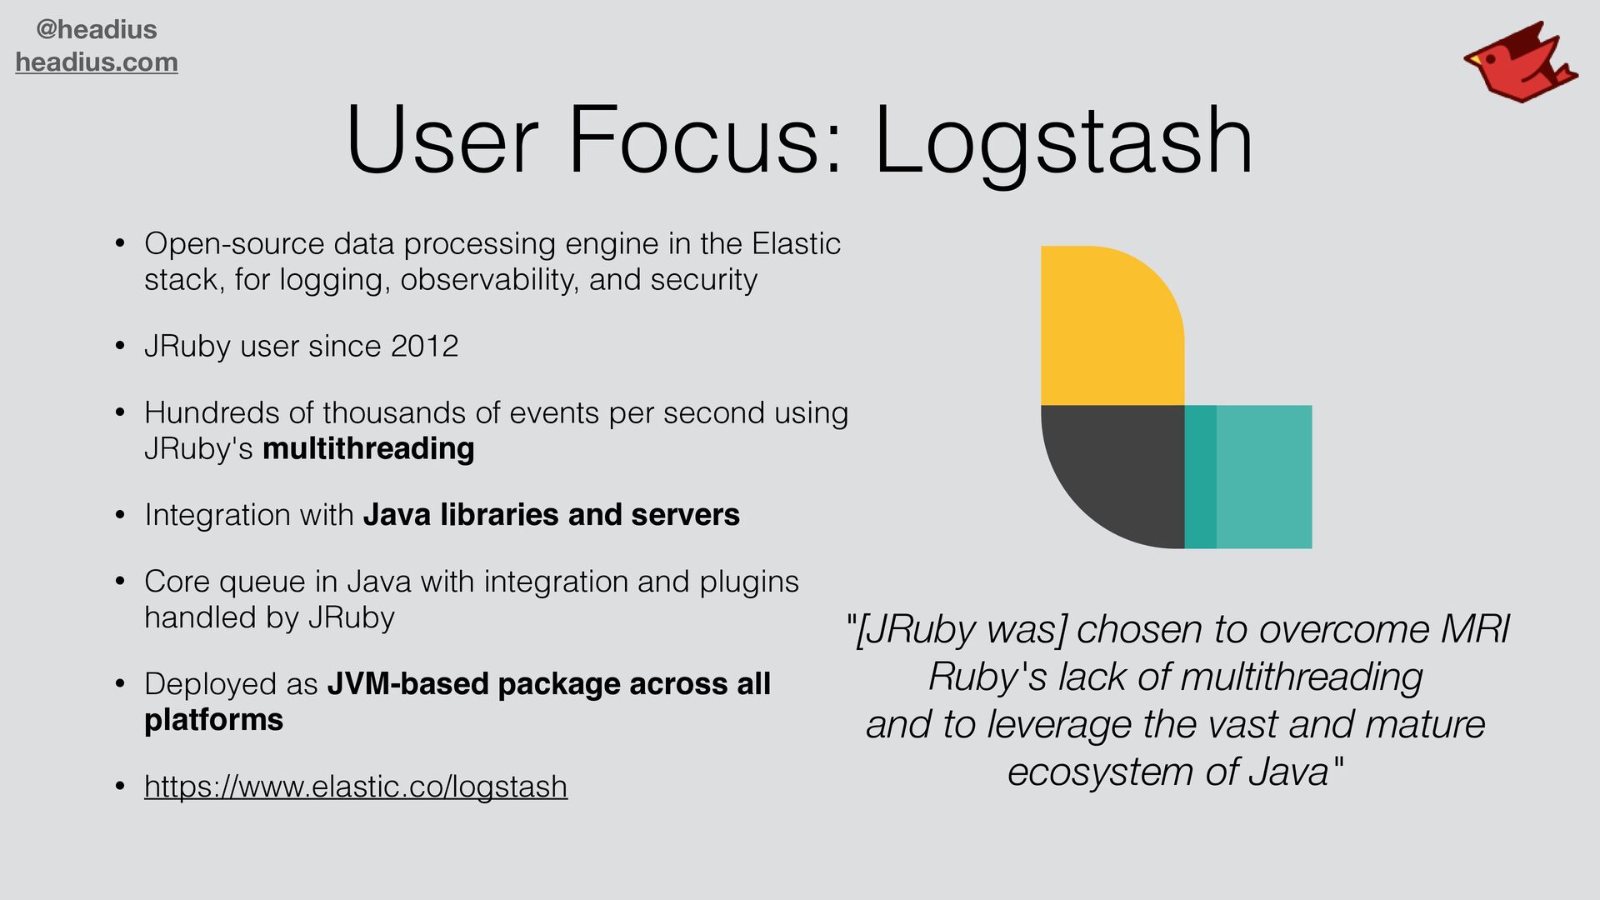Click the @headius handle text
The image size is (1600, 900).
(97, 30)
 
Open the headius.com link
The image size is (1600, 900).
(97, 62)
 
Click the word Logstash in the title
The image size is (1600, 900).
(1063, 142)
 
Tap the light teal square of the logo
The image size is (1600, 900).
(1264, 477)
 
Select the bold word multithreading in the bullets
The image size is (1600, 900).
(368, 449)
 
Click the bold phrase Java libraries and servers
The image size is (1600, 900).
(551, 515)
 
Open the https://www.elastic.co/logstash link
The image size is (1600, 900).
(356, 787)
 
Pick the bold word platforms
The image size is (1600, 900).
(213, 720)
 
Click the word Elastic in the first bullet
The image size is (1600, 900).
(796, 244)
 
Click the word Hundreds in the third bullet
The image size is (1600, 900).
(212, 413)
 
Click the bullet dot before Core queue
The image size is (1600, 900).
(121, 582)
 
